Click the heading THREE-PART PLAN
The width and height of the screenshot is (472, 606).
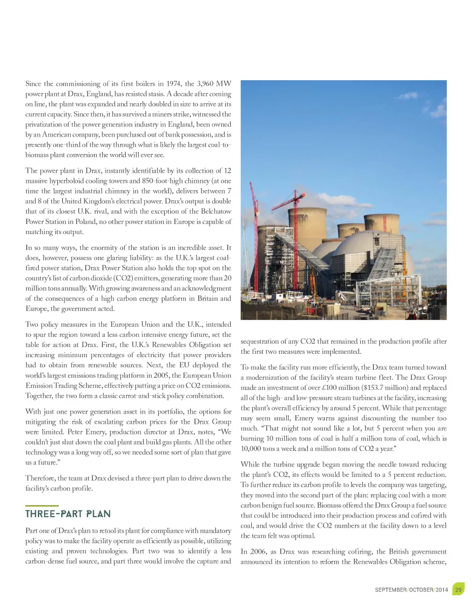68,514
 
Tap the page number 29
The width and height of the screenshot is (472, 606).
458,589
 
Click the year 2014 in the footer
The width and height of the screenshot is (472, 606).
442,590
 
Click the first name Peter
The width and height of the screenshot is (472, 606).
77,432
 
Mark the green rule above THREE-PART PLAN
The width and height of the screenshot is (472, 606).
41,506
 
